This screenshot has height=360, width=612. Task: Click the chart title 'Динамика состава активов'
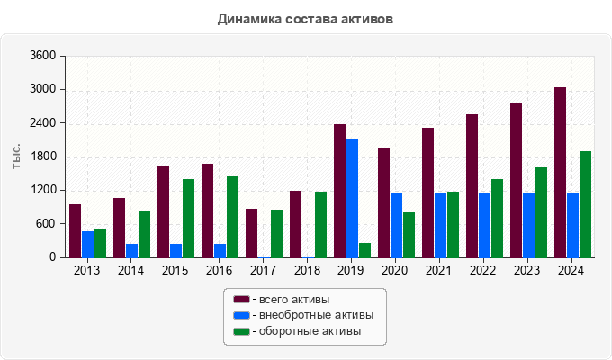pyautogui.click(x=305, y=19)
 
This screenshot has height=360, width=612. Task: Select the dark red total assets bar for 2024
pyautogui.click(x=560, y=172)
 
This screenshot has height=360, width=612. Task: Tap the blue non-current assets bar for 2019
pyautogui.click(x=352, y=198)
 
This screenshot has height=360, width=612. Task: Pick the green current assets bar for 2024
pyautogui.click(x=585, y=204)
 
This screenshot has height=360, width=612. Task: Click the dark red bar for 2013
pyautogui.click(x=75, y=230)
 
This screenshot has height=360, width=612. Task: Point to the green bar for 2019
pyautogui.click(x=364, y=250)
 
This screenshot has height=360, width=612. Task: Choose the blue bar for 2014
pyautogui.click(x=131, y=250)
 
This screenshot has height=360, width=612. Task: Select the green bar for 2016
pyautogui.click(x=232, y=217)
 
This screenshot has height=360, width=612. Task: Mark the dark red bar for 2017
pyautogui.click(x=251, y=233)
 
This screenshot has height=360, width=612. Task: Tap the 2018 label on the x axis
pyautogui.click(x=308, y=270)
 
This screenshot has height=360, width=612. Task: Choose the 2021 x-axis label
pyautogui.click(x=440, y=270)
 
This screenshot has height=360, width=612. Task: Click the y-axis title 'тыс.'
pyautogui.click(x=17, y=157)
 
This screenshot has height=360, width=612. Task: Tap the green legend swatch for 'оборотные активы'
pyautogui.click(x=241, y=331)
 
